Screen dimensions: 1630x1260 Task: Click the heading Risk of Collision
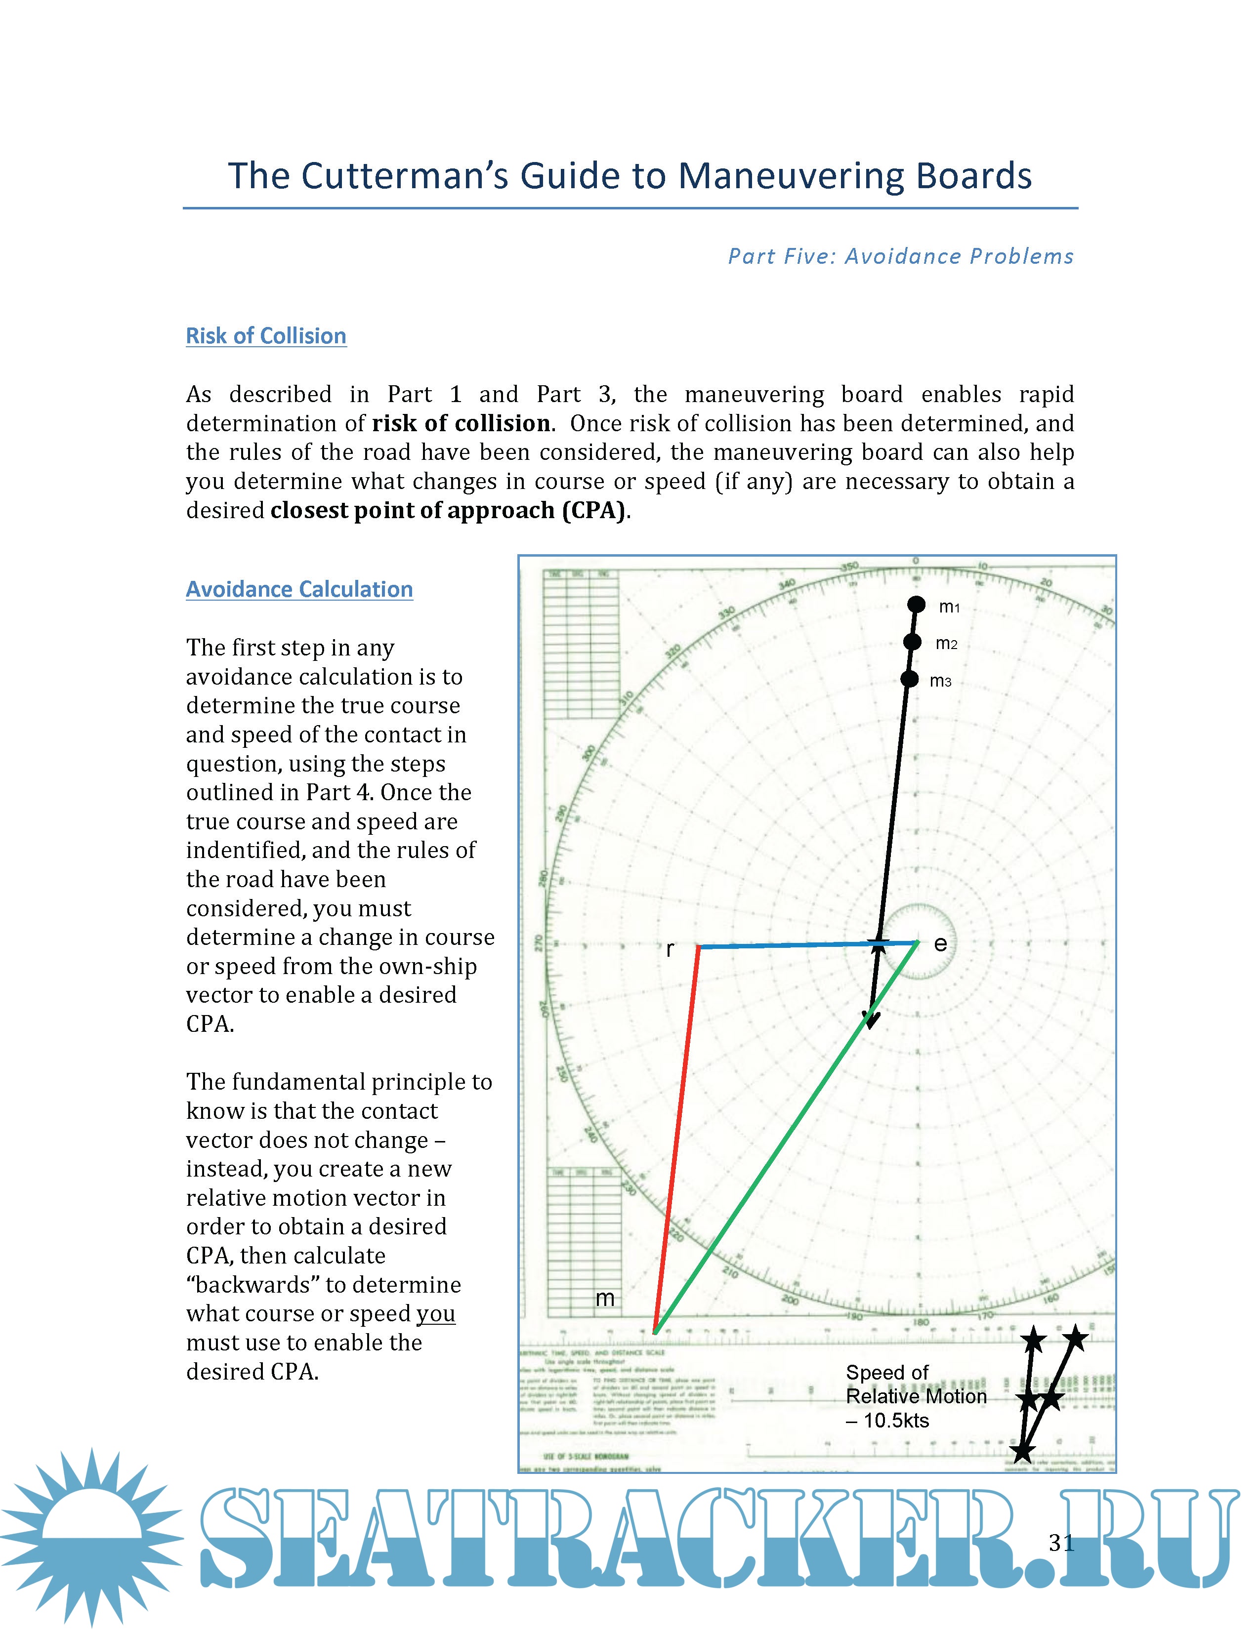[x=266, y=336]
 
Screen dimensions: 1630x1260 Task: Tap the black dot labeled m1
[x=916, y=605]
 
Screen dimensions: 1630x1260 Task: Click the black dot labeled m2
[x=912, y=642]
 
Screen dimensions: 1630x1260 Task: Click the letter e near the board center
[x=940, y=944]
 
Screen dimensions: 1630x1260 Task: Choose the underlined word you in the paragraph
[x=435, y=1313]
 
